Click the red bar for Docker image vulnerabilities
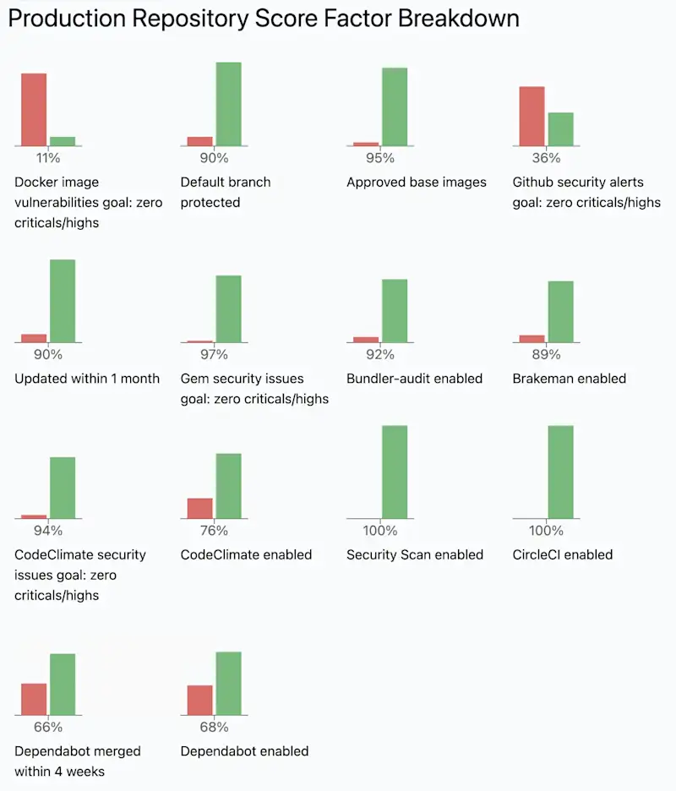(x=34, y=110)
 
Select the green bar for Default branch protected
(x=228, y=104)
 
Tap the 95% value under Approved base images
(x=380, y=158)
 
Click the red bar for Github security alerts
(x=532, y=117)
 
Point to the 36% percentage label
(x=546, y=158)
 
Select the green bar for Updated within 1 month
(x=63, y=301)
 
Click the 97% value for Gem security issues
(x=214, y=354)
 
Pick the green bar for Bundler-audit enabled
(x=395, y=310)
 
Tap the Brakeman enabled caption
(x=569, y=379)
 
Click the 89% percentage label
(x=546, y=354)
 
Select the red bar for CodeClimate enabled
(x=200, y=508)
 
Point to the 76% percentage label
(x=214, y=531)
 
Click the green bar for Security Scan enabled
(x=395, y=472)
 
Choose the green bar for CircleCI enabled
(x=560, y=472)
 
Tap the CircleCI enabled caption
(x=562, y=554)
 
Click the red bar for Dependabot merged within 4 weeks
(x=34, y=699)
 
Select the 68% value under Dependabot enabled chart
(x=214, y=727)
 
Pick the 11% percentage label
(x=48, y=158)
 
